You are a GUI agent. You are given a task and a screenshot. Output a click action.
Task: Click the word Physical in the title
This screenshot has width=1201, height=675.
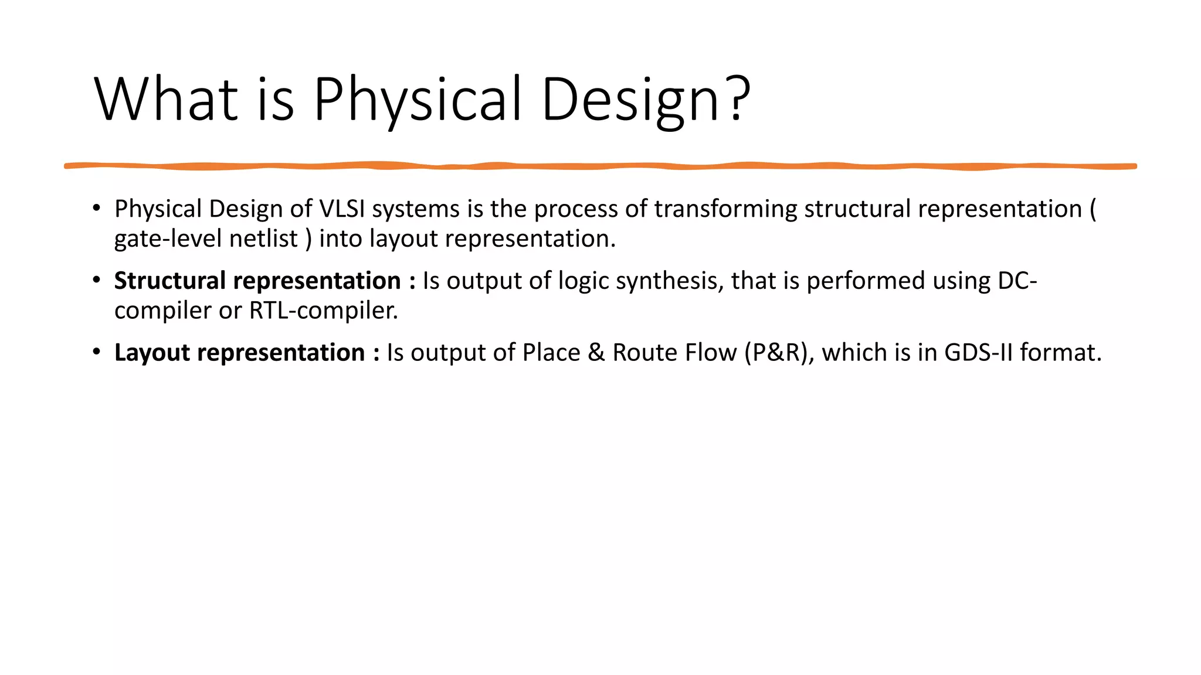(x=417, y=100)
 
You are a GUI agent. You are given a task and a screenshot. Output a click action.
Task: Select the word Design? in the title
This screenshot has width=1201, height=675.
(x=645, y=100)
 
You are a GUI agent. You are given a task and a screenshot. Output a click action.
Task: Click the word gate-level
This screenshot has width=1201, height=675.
(x=168, y=239)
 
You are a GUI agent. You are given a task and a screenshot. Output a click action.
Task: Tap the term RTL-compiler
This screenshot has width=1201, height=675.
(x=323, y=311)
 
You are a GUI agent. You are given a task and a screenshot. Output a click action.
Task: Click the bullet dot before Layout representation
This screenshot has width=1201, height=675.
(x=97, y=352)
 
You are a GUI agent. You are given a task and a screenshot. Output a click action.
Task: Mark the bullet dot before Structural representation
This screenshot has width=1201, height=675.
(x=97, y=280)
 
